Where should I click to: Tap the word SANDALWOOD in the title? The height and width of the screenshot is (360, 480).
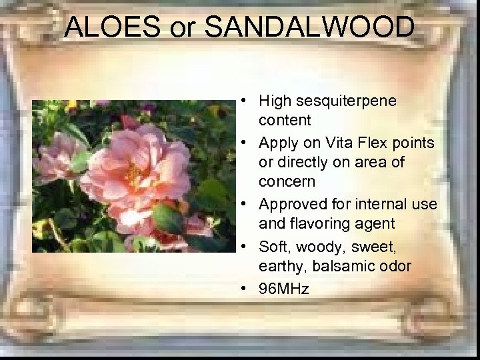click(309, 27)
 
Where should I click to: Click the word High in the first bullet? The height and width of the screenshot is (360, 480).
click(275, 101)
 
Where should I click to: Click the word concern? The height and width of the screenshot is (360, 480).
click(287, 181)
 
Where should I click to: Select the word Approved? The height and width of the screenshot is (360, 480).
click(289, 204)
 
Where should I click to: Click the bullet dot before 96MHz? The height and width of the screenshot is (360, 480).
click(245, 289)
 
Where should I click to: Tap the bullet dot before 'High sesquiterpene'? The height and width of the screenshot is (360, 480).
click(245, 101)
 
